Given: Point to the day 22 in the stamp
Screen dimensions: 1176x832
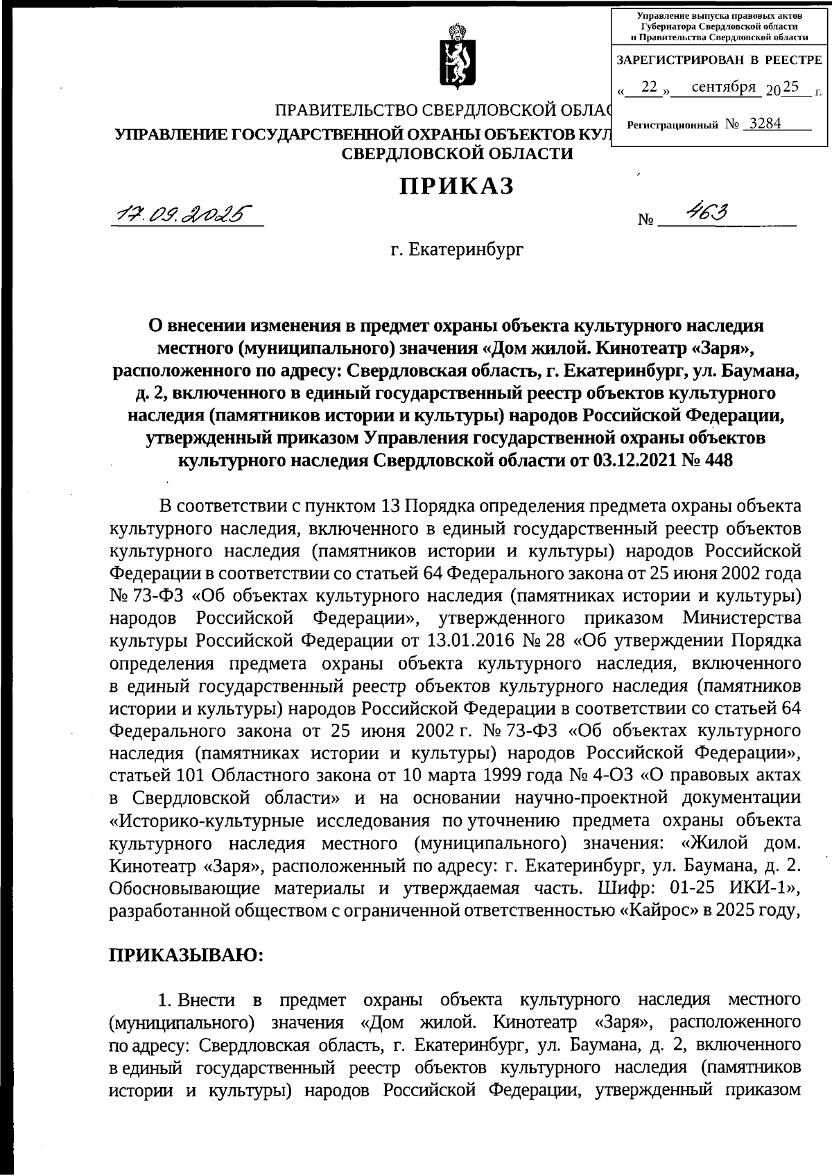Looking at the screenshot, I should tap(649, 87).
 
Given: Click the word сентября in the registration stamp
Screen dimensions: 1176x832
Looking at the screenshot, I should tap(723, 87).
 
